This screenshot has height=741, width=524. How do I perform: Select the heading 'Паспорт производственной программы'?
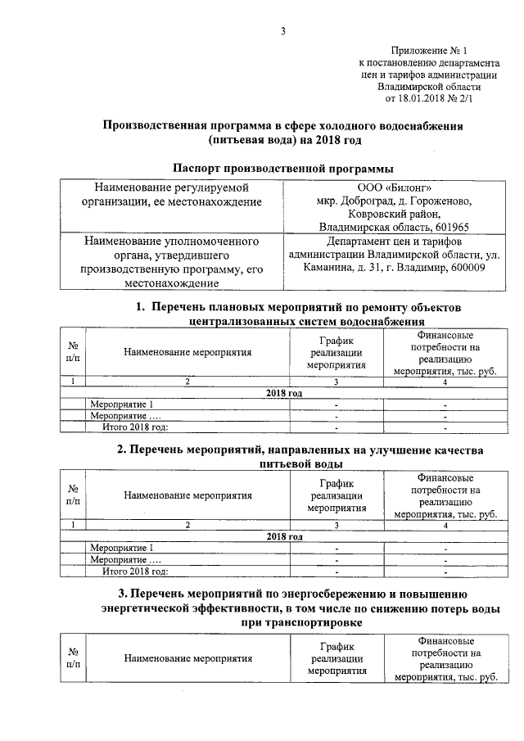[x=283, y=168]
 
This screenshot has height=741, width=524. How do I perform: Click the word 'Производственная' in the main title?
[x=153, y=126]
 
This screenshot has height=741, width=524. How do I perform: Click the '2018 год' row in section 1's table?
[x=284, y=394]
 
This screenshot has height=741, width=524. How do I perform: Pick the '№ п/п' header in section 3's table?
[x=73, y=657]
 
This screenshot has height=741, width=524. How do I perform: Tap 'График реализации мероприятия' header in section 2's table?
[x=337, y=495]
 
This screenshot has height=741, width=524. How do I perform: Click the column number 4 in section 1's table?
[x=445, y=382]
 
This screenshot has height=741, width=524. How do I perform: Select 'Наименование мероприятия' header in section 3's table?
[x=187, y=657]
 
